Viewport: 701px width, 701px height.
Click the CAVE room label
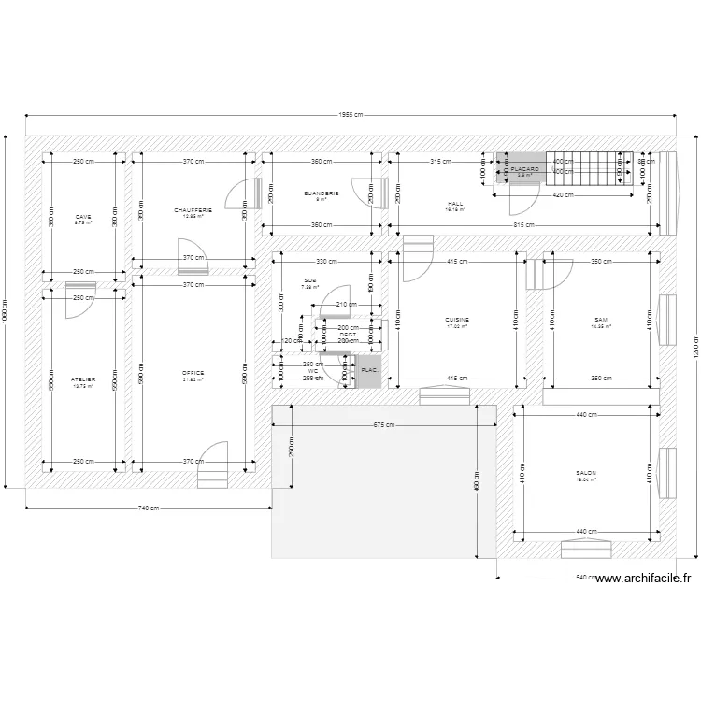point(83,217)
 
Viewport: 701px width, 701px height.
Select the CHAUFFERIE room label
point(193,210)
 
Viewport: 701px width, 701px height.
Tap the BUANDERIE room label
point(321,193)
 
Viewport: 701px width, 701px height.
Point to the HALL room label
point(455,204)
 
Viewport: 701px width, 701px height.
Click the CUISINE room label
point(457,320)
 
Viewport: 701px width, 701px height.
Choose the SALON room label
point(586,473)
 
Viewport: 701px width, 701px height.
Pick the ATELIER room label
point(83,379)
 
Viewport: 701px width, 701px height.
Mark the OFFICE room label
point(193,373)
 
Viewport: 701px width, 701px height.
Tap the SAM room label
point(599,320)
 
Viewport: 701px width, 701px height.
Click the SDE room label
point(309,280)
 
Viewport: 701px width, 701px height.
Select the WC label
point(313,370)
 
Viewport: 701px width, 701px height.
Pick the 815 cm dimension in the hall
point(523,225)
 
